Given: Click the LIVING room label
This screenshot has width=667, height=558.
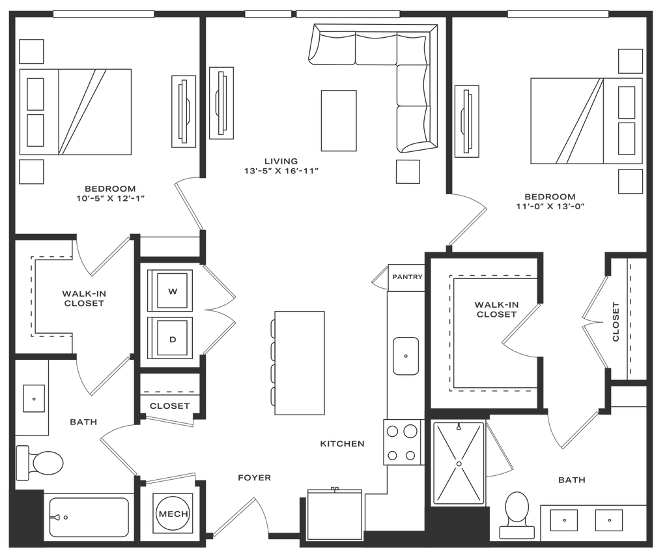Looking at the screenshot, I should [x=281, y=160].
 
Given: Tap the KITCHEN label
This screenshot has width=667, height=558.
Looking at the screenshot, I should [x=342, y=444].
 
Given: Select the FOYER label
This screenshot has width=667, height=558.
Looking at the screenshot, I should [x=254, y=478].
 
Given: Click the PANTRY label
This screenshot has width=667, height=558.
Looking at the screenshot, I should [x=408, y=278].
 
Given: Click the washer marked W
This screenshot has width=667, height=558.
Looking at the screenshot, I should [x=171, y=292].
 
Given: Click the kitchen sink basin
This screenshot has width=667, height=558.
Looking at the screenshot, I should [x=405, y=356].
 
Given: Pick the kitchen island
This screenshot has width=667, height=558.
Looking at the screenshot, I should [x=300, y=362].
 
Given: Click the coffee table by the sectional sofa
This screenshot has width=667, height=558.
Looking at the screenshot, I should [x=338, y=121].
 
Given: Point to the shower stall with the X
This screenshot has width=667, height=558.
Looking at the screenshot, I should [x=460, y=461].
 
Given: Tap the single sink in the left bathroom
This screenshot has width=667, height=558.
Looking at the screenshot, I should [x=33, y=397].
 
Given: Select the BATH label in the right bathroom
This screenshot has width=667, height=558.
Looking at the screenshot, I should [x=572, y=480].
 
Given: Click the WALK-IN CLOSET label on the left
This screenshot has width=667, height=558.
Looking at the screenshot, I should [x=83, y=299].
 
